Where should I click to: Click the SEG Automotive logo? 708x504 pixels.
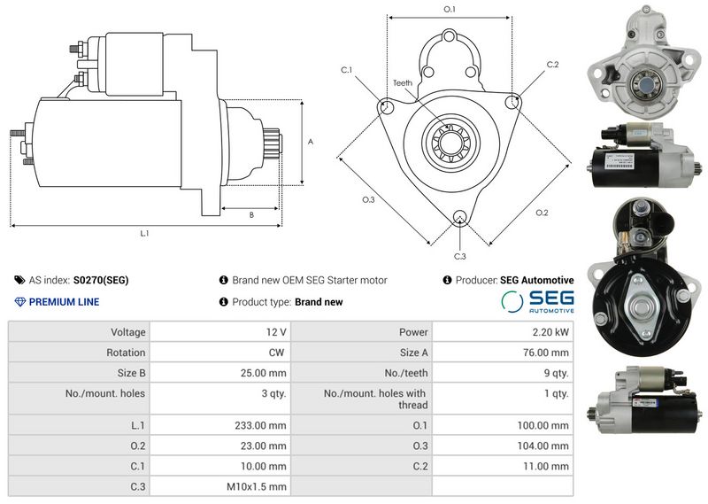click(537, 301)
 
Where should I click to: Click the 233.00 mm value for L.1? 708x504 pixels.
click(260, 425)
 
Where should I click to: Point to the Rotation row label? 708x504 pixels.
click(126, 353)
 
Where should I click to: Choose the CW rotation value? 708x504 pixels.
click(276, 353)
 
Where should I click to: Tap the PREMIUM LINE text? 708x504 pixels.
click(64, 302)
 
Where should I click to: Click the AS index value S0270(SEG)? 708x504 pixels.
click(101, 280)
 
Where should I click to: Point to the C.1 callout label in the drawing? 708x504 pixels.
click(346, 70)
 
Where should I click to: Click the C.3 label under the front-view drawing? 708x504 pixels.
click(459, 256)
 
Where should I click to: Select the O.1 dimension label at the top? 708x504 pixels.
click(450, 9)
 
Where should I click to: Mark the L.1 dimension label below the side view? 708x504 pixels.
click(144, 233)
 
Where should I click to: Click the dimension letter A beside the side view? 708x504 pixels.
click(311, 142)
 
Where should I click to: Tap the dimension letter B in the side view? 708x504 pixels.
click(251, 215)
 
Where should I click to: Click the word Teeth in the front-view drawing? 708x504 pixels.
click(403, 82)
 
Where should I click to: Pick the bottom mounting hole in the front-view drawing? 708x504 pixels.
click(459, 217)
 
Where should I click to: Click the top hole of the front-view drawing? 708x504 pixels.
click(450, 36)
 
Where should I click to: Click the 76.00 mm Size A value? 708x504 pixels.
click(546, 353)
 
